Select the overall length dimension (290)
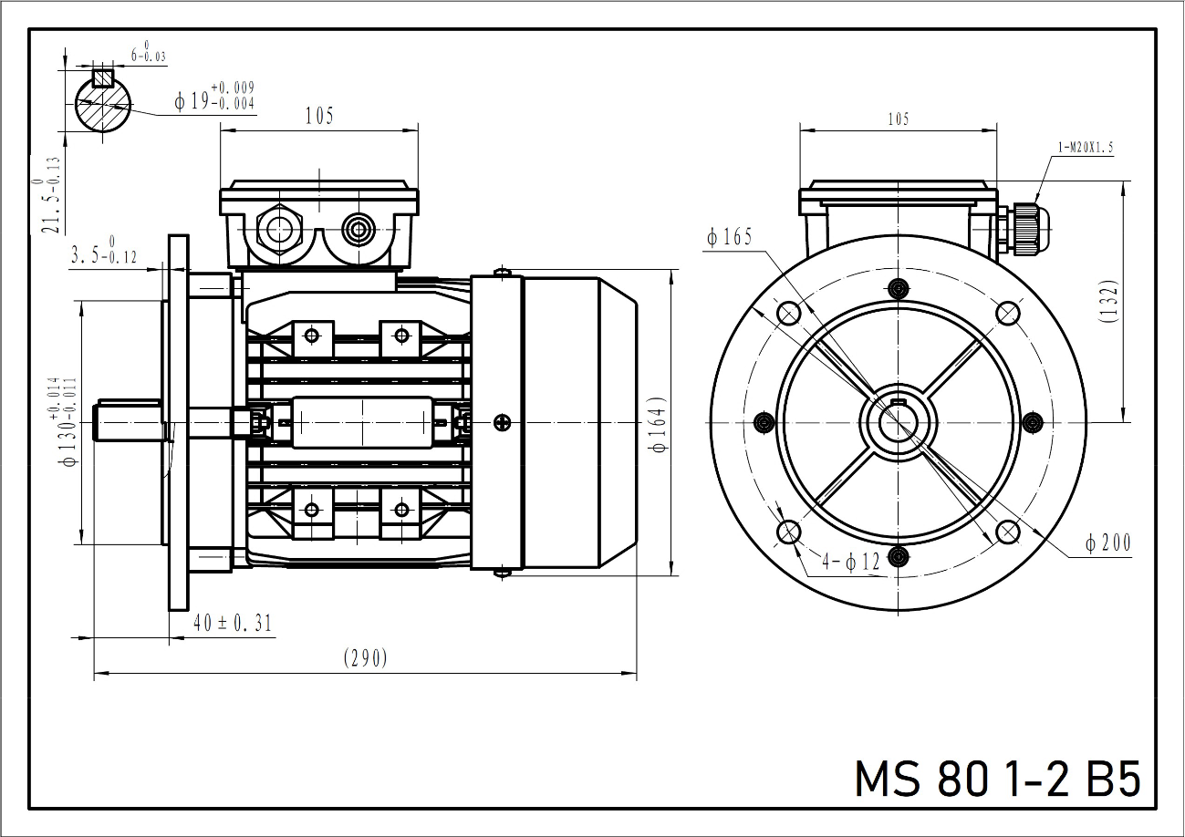pyautogui.click(x=366, y=658)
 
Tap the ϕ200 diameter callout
pyautogui.click(x=1107, y=543)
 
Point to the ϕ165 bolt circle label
pyautogui.click(x=729, y=238)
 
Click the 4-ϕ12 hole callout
pyautogui.click(x=850, y=562)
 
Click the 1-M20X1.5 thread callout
pyautogui.click(x=1086, y=147)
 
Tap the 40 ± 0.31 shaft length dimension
pyautogui.click(x=233, y=623)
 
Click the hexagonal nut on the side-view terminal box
pyautogui.click(x=279, y=230)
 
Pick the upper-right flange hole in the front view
pyautogui.click(x=1007, y=313)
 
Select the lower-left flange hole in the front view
pyautogui.click(x=788, y=532)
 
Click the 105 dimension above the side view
pyautogui.click(x=318, y=116)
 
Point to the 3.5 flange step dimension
pyautogui.click(x=103, y=254)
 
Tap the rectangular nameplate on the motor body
pyautogui.click(x=362, y=422)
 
